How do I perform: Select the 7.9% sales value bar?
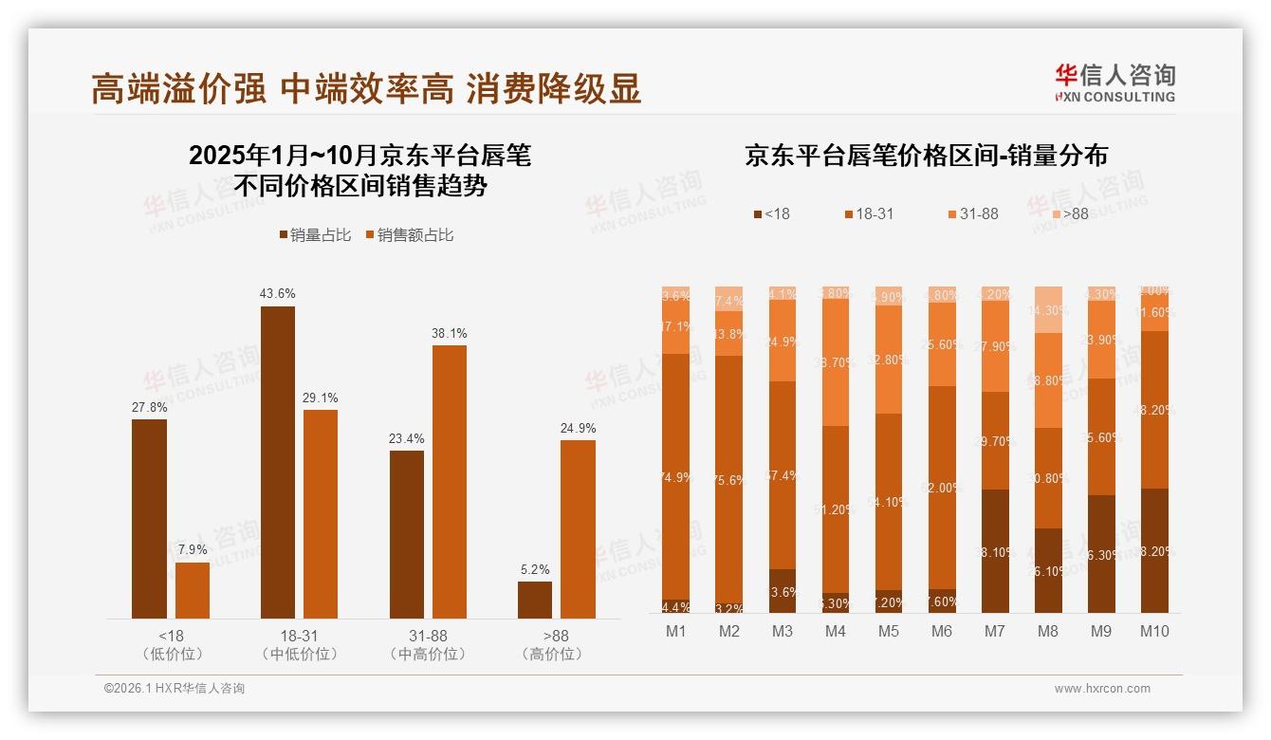pyautogui.click(x=193, y=590)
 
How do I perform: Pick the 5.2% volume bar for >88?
pyautogui.click(x=535, y=600)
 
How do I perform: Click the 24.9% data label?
pyautogui.click(x=578, y=429)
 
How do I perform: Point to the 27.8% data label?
pyautogui.click(x=149, y=407)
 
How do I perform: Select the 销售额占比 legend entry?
pyautogui.click(x=409, y=235)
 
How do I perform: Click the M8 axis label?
pyautogui.click(x=1048, y=631)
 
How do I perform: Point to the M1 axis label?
pyautogui.click(x=675, y=631)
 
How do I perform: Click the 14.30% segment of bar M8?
pyautogui.click(x=1048, y=309)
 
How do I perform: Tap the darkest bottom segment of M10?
pyautogui.click(x=1154, y=550)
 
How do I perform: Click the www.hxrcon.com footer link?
pyautogui.click(x=1101, y=689)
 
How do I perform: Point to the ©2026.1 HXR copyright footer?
pyautogui.click(x=175, y=689)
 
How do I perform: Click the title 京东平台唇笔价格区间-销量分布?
pyautogui.click(x=926, y=157)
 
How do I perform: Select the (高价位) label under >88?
pyautogui.click(x=552, y=654)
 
